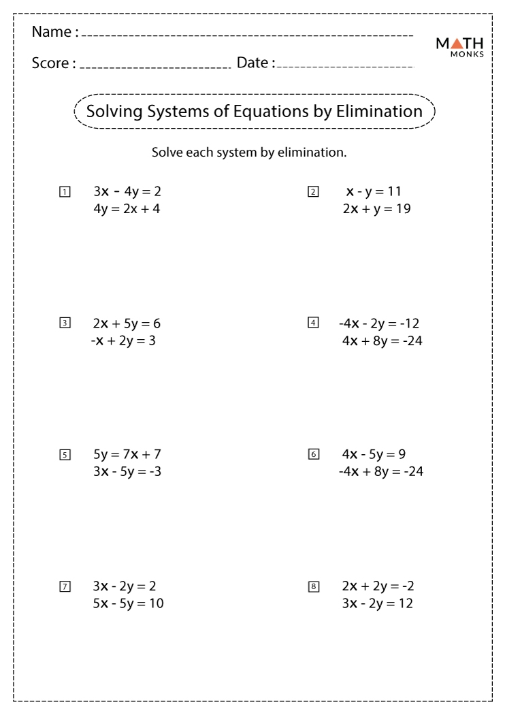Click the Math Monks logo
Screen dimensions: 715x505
tap(459, 46)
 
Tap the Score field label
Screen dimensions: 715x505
tap(54, 63)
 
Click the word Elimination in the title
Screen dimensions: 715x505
tap(379, 111)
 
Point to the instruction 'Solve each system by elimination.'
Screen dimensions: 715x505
tap(249, 153)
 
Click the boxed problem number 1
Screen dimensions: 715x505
tap(65, 192)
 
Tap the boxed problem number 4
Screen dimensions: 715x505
tap(313, 323)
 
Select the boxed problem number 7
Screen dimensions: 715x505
tap(65, 586)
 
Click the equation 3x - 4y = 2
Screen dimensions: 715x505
tap(127, 191)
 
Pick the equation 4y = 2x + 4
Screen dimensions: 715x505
tap(127, 209)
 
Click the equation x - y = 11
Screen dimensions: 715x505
tap(374, 191)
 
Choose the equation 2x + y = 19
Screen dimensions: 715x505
tap(376, 209)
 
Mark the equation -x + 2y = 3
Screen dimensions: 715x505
tap(123, 340)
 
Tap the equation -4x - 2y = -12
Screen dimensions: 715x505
tap(378, 323)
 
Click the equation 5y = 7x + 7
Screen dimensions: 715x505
tap(127, 454)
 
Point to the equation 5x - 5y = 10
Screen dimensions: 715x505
tap(128, 603)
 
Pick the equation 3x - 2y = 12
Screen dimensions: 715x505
tap(378, 603)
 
